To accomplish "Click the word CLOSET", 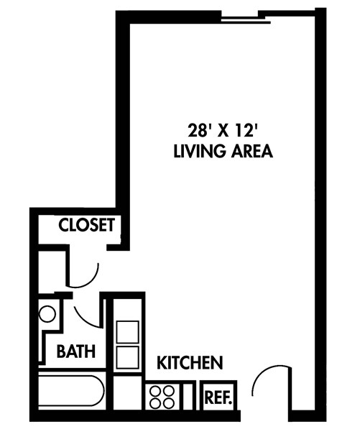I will coord(86,225).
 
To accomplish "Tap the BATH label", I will coord(76,352).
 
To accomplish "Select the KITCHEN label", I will coord(190,362).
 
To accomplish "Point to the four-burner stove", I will coord(162,396).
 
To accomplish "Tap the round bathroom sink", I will coord(48,314).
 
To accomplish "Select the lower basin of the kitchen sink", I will coord(127,357).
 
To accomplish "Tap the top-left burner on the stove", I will coord(156,391).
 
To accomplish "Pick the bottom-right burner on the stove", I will coord(169,402).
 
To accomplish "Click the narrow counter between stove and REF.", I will coord(188,396).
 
